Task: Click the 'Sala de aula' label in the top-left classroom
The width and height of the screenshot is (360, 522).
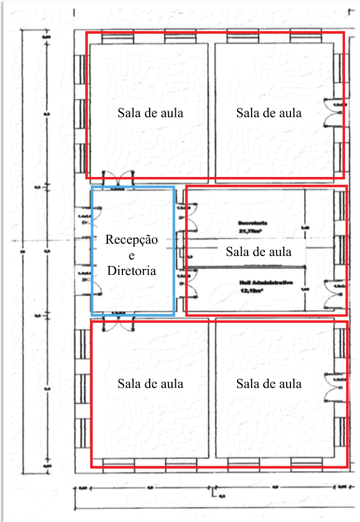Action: pyautogui.click(x=150, y=112)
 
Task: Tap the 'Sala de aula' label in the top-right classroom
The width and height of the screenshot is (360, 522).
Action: pyautogui.click(x=269, y=112)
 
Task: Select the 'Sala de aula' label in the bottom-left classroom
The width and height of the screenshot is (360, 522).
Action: pyautogui.click(x=150, y=383)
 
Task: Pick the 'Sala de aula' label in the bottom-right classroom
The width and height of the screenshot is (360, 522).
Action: pyautogui.click(x=269, y=383)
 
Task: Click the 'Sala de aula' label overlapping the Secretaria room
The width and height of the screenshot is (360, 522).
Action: pyautogui.click(x=258, y=252)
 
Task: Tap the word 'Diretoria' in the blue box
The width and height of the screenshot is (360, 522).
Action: pyautogui.click(x=132, y=271)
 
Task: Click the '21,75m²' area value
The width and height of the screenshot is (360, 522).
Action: pyautogui.click(x=249, y=229)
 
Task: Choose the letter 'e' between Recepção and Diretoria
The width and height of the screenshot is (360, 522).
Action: pyautogui.click(x=132, y=255)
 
